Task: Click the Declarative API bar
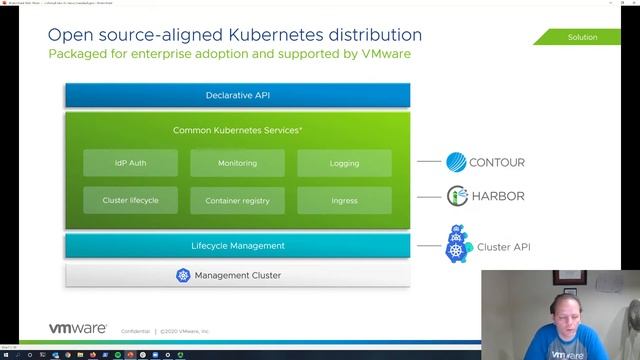(237, 96)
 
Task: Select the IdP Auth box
(130, 163)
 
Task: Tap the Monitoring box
(237, 163)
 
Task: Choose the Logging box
(344, 163)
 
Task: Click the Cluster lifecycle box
(130, 200)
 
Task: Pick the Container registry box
(237, 201)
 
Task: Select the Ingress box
(344, 201)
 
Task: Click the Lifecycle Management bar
(237, 246)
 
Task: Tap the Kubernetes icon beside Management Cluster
(183, 275)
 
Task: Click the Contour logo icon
(457, 162)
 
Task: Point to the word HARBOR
(499, 196)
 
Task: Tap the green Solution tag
(583, 37)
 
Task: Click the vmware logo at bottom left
(78, 328)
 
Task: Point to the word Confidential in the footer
(136, 331)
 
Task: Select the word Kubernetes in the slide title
(265, 35)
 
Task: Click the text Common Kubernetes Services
(237, 130)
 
